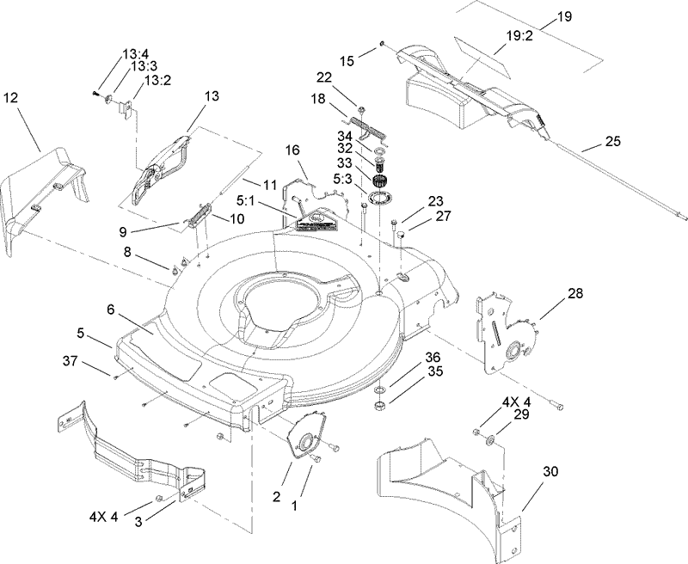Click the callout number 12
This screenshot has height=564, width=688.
coord(10,98)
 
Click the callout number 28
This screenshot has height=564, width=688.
coord(574,293)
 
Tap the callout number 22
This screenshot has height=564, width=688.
coord(347,78)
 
